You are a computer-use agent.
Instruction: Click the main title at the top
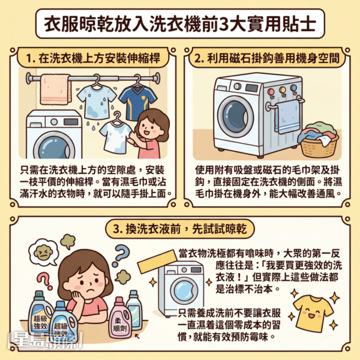tap(180, 24)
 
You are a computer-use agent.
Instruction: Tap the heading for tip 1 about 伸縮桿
tap(93, 58)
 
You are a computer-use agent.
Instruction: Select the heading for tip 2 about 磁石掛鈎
tap(267, 58)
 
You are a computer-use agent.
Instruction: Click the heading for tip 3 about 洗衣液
tap(180, 229)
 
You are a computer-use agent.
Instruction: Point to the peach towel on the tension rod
tap(55, 89)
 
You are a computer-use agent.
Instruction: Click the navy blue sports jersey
tap(138, 103)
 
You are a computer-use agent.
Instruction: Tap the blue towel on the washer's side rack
tap(288, 116)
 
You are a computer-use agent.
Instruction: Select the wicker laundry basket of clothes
tap(319, 140)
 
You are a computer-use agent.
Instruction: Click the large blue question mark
tap(121, 255)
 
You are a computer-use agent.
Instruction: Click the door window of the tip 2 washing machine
tap(236, 116)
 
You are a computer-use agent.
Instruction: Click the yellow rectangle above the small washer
tap(157, 262)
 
